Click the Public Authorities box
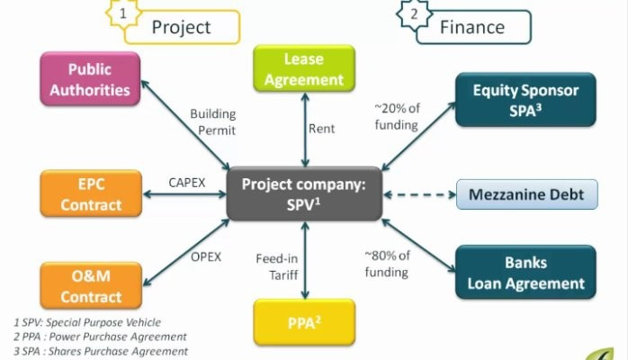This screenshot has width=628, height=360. tap(89, 79)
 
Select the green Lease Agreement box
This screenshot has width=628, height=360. tap(302, 69)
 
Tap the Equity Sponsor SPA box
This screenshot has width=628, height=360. tap(525, 101)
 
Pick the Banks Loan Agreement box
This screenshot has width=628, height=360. tap(525, 273)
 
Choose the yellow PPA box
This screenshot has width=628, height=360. tap(302, 317)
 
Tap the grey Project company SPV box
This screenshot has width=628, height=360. tap(302, 193)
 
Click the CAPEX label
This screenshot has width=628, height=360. tap(187, 182)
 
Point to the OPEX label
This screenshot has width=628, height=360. tap(205, 256)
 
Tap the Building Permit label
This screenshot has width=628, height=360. tap(212, 121)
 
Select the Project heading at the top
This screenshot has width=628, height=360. tap(180, 27)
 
